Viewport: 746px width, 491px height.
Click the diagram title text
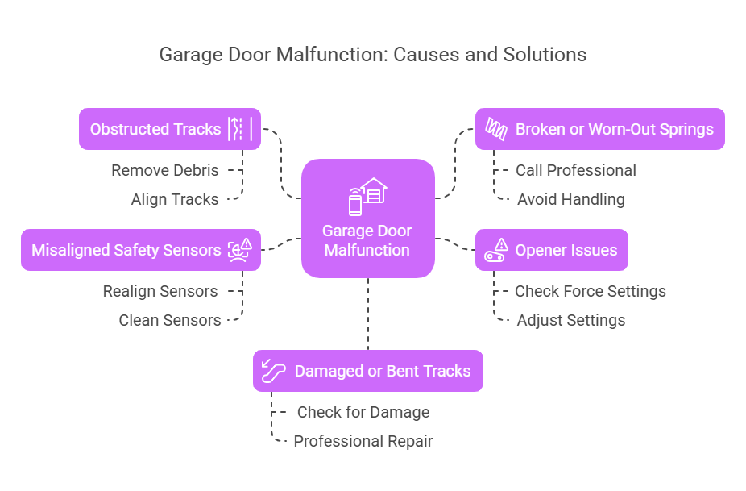coord(373,55)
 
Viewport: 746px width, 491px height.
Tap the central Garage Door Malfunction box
coord(367,239)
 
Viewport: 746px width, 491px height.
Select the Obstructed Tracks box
coord(169,129)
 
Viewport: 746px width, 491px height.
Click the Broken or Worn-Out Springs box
coord(599,129)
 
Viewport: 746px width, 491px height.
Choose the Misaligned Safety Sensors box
coord(140,250)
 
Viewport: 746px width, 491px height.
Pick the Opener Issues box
coord(551,250)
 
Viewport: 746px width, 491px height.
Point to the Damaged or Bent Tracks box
coord(367,371)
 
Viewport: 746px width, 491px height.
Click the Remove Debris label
coord(165,170)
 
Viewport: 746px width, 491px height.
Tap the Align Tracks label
coord(175,199)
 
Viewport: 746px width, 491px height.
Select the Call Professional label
coord(575,170)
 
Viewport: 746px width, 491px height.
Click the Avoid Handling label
coord(570,199)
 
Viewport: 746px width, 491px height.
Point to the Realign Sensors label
coord(160,291)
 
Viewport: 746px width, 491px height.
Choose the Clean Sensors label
coord(169,320)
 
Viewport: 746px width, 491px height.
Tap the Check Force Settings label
coord(590,291)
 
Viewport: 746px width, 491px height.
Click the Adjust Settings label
coord(570,320)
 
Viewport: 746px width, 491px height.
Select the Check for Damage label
coord(363,412)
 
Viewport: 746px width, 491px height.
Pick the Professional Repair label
coord(363,441)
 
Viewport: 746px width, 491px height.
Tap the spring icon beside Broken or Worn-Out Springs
coord(495,129)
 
